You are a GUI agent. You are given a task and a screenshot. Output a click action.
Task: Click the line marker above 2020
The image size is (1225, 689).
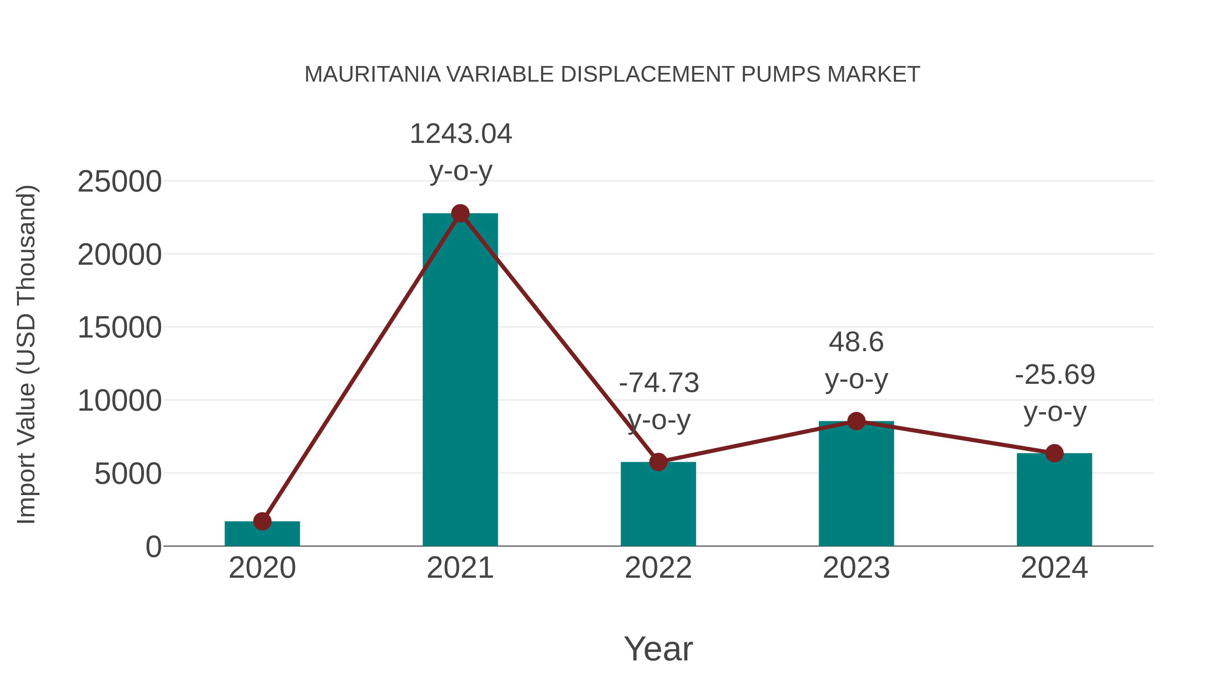point(262,521)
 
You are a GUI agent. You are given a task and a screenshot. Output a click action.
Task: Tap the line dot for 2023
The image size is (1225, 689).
point(856,421)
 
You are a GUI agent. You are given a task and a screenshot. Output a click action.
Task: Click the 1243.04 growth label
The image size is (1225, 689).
point(460,134)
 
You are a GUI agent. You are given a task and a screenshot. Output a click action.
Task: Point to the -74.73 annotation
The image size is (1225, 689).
point(659,383)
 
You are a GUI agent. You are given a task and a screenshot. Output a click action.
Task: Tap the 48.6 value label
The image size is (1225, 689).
point(856,342)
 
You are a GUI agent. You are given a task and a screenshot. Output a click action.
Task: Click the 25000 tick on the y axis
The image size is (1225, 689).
point(119,182)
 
